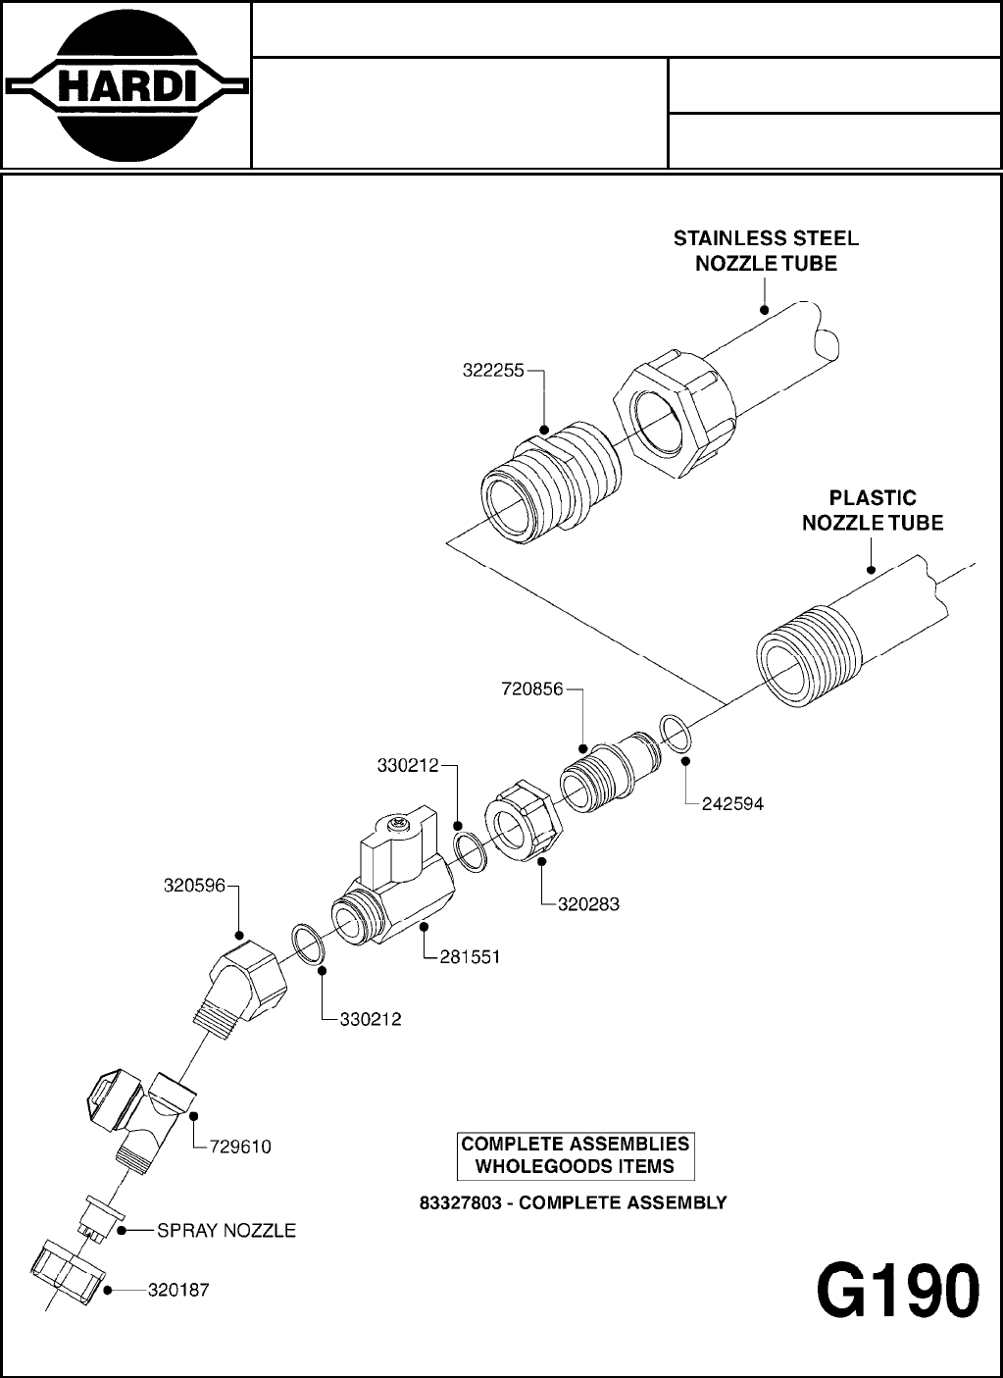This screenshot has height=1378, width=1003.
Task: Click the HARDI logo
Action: coord(125,86)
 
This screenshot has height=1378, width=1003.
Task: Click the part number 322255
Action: coord(493,372)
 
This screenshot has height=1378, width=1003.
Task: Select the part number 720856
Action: coord(532,689)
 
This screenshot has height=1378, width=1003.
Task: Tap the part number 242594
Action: coord(732,804)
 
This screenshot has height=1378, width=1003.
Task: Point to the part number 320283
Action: coord(588,904)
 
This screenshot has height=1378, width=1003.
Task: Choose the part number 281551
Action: coord(469,957)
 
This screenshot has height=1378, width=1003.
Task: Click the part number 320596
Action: coord(194,887)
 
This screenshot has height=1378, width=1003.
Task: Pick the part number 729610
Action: coord(240,1147)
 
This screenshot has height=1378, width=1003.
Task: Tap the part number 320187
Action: coord(178,1291)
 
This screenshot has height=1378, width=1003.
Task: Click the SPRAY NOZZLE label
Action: coord(226,1231)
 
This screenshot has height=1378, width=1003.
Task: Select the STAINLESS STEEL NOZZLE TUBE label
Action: coord(766,250)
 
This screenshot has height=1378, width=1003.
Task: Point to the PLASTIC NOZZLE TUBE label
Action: coord(873,510)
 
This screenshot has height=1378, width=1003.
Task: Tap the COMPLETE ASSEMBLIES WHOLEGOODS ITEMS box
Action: coord(576,1155)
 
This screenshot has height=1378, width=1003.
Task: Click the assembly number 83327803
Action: coord(459,1202)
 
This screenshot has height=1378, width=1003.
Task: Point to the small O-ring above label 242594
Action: coord(675,732)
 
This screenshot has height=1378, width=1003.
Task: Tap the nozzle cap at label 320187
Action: coord(63,1272)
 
